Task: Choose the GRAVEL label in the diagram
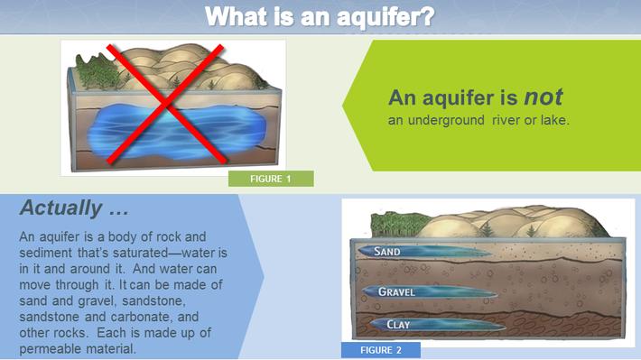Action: pos(396,292)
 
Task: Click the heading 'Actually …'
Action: pos(73,208)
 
